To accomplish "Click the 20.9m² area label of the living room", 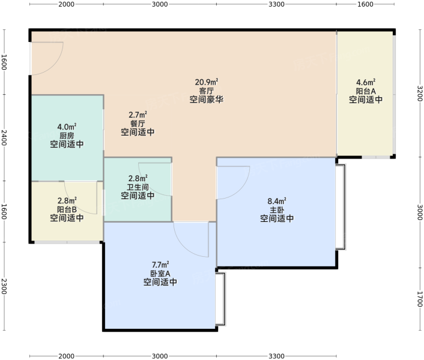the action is (x=207, y=82).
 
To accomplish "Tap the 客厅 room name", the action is (x=207, y=91).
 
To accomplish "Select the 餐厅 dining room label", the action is (x=138, y=124).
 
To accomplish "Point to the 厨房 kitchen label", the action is (x=67, y=136).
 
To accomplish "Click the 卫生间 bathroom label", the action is (x=138, y=187).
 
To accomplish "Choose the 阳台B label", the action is (x=67, y=209).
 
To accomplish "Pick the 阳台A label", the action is (x=366, y=91).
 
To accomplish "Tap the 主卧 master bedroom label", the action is (x=277, y=210).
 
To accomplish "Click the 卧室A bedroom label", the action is (x=160, y=274).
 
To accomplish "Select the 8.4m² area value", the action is (x=277, y=201).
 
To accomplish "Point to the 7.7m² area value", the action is (x=160, y=265).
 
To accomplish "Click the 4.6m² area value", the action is (x=366, y=82).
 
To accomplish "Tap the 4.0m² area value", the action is (x=67, y=127).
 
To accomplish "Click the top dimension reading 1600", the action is (x=365, y=4).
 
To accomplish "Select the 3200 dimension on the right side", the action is (x=419, y=94).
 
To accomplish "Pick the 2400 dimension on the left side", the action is (x=4, y=138).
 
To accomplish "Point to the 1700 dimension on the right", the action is (x=419, y=299).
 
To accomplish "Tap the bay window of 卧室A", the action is (x=220, y=299).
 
